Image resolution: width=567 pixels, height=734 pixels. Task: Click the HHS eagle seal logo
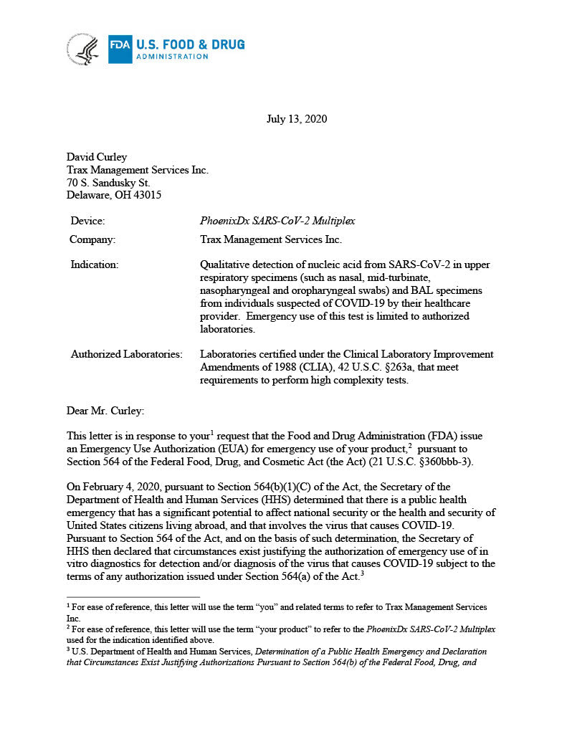coord(83,49)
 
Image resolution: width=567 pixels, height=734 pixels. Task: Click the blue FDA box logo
coord(120,49)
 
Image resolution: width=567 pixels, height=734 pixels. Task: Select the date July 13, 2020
coord(296,119)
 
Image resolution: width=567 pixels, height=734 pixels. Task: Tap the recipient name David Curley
coord(98,157)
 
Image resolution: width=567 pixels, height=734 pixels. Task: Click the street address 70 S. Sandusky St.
coord(108,183)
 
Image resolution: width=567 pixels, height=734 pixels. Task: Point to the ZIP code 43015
coord(147,196)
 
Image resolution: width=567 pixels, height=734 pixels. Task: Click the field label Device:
coord(87,221)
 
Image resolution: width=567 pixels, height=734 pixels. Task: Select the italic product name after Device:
coord(277,221)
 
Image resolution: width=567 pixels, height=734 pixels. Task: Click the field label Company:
coord(92,239)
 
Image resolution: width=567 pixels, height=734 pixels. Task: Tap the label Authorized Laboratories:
coord(126,354)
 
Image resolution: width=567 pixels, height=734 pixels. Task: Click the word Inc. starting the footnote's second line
coord(73,618)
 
